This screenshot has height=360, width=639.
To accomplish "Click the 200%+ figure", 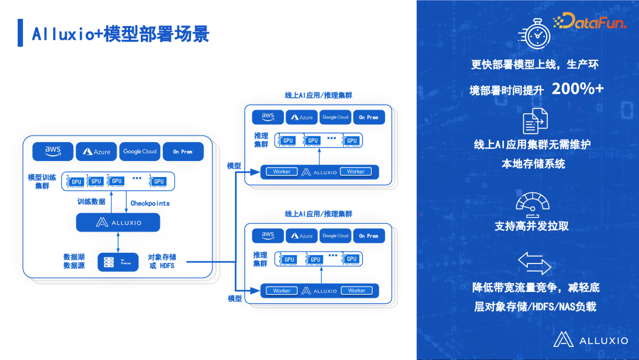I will (x=577, y=89).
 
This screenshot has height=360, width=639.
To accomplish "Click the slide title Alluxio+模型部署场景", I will (x=120, y=34).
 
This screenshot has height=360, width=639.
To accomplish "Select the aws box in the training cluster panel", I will (x=53, y=152).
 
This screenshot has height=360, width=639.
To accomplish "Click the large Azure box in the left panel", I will (x=96, y=152).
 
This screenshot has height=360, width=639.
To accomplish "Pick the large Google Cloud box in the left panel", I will (x=140, y=152).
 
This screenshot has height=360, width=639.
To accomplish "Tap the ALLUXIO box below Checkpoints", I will (x=118, y=223).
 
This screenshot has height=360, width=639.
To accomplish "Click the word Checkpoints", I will (x=150, y=203).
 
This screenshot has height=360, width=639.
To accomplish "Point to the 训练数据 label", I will (x=91, y=202).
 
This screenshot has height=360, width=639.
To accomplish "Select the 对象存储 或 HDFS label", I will (x=162, y=262).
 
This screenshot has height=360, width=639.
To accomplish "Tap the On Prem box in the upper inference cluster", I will (x=369, y=117).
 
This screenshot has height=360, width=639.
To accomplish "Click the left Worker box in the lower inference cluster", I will (x=282, y=291).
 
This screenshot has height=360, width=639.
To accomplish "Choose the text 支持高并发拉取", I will (x=531, y=226).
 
